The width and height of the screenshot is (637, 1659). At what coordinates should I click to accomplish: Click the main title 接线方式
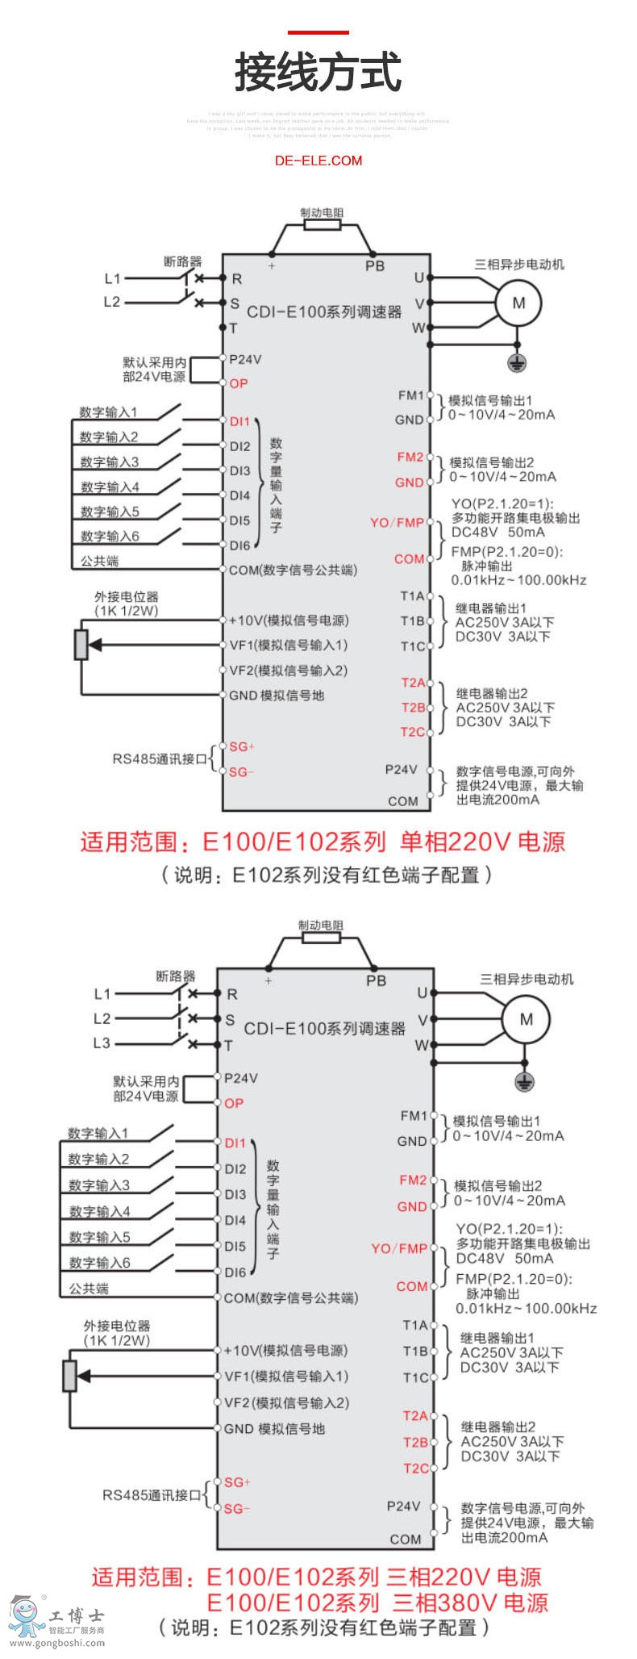pyautogui.click(x=318, y=73)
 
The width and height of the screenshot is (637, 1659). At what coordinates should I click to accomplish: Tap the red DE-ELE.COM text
pyautogui.click(x=318, y=161)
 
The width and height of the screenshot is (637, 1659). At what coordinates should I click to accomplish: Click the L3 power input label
pyautogui.click(x=102, y=1043)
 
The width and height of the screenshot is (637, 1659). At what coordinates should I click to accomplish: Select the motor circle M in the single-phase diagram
pyautogui.click(x=518, y=303)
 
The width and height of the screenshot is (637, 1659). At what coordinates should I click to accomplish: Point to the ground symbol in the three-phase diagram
pyautogui.click(x=525, y=1081)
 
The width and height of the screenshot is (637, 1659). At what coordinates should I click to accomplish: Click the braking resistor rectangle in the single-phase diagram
pyautogui.click(x=322, y=225)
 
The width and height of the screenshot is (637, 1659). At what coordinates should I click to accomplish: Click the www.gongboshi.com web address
pyautogui.click(x=56, y=1643)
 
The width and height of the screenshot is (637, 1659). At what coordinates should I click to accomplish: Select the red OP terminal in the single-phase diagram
pyautogui.click(x=239, y=383)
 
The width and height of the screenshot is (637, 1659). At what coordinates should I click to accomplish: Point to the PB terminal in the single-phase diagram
pyautogui.click(x=375, y=265)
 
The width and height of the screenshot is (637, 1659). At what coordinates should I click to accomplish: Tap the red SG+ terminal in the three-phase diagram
pyautogui.click(x=238, y=1481)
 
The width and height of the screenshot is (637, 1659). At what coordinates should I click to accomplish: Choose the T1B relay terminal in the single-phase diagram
pyautogui.click(x=413, y=621)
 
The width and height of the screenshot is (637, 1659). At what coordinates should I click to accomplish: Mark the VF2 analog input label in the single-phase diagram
pyautogui.click(x=288, y=670)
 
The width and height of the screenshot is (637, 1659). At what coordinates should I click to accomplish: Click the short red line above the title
pyautogui.click(x=318, y=33)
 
